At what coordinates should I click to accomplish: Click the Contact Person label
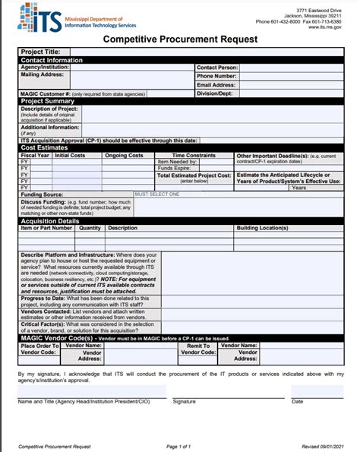[x=216, y=68]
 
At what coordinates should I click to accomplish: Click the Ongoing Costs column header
[x=124, y=155]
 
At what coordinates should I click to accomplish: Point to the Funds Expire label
[x=172, y=168]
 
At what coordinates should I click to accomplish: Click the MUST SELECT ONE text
[x=157, y=194]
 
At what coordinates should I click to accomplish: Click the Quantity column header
[x=90, y=227]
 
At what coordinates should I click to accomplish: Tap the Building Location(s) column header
[x=262, y=227]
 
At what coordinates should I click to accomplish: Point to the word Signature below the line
[x=184, y=400]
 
